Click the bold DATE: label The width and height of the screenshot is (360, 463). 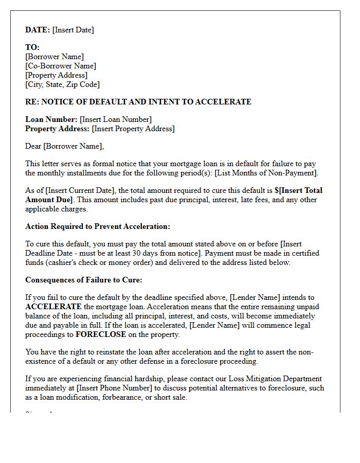click(38, 30)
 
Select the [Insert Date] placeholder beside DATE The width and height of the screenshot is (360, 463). click(73, 30)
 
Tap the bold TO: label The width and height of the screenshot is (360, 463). click(32, 47)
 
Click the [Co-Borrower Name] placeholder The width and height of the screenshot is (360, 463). click(61, 66)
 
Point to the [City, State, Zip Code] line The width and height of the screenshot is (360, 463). click(62, 84)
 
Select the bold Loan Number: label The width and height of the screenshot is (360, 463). click(51, 119)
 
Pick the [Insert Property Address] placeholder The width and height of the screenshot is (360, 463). click(133, 129)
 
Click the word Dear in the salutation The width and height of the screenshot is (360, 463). click(33, 146)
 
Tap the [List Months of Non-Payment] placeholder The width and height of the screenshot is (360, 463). click(267, 172)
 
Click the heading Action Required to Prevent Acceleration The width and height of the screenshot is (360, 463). click(97, 226)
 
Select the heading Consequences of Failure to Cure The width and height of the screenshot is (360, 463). click(84, 280)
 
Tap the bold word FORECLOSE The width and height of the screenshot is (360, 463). click(100, 334)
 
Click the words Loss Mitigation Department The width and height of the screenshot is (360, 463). click(273, 379)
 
